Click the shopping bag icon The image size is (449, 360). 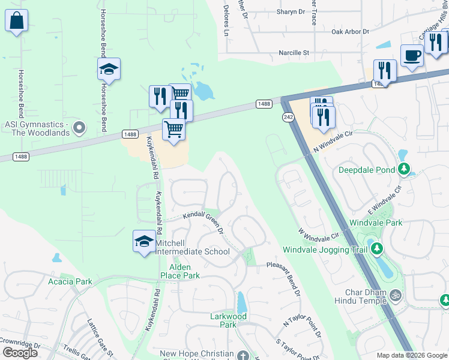coord(16,20)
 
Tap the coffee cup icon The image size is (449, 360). coord(412,55)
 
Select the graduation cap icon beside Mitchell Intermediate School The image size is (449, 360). coord(144,241)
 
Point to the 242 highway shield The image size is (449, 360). coord(289,117)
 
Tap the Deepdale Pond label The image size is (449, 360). coord(367,170)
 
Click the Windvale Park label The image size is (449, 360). coord(376,223)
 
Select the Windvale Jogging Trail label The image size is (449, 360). coord(325,249)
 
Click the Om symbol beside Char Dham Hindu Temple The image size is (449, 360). coord(395,295)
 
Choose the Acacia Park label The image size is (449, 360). coord(70,281)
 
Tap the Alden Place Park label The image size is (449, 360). coord(179,271)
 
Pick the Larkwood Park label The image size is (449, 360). coord(228,320)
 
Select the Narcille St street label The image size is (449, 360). coord(294,53)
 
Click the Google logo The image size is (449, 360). coord(20,353)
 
